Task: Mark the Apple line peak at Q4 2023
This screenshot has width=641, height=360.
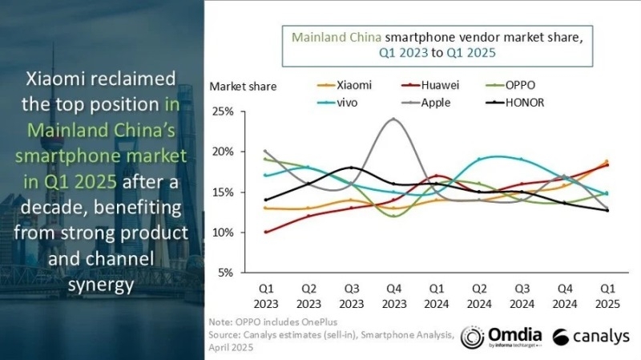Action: (x=393, y=119)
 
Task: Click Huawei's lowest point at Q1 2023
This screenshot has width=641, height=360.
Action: (x=264, y=233)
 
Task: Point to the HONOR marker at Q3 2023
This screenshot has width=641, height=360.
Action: (x=350, y=168)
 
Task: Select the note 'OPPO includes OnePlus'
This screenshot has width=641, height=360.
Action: (x=264, y=321)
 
